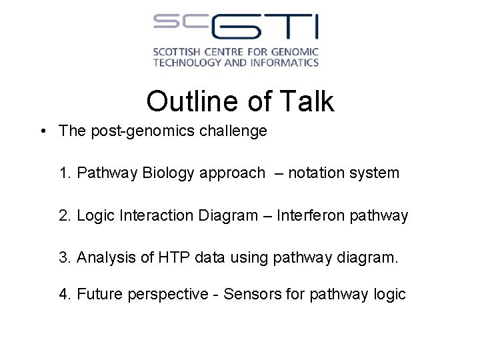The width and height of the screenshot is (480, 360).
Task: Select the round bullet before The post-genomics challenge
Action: tap(43, 131)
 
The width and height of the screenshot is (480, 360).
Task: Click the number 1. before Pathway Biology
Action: tap(65, 173)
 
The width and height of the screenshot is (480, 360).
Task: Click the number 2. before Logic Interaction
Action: tap(65, 215)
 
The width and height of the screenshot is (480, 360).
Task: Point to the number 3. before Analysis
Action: tap(65, 257)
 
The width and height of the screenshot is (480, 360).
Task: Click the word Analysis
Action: tap(105, 257)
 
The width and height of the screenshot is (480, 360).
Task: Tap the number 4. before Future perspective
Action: tap(65, 294)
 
